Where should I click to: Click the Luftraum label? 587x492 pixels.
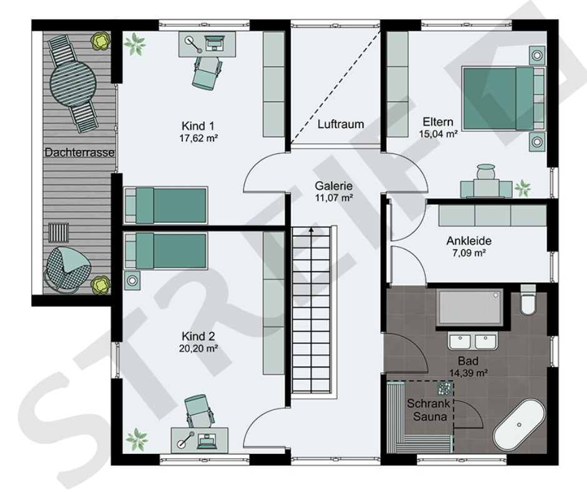pos(341,124)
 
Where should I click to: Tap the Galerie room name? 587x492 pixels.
pos(333,185)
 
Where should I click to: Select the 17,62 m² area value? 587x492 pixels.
pos(199,138)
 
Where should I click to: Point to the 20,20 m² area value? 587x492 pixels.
pos(199,348)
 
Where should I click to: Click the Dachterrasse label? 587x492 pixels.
pos(79,152)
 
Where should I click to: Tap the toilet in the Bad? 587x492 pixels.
pos(528,300)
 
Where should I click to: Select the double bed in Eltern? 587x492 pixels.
pos(503,99)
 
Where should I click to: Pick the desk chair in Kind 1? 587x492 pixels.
pos(205,72)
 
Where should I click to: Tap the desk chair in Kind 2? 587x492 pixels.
pos(199,411)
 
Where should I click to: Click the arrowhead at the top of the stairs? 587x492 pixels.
pos(311,230)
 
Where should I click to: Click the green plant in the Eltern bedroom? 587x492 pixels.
pos(523,187)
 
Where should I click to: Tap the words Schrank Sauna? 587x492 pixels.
pos(429,410)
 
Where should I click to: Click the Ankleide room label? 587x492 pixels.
pos(469,240)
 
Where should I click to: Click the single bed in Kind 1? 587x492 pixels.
pos(165,205)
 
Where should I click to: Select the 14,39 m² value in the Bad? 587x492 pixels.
pos(468,373)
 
